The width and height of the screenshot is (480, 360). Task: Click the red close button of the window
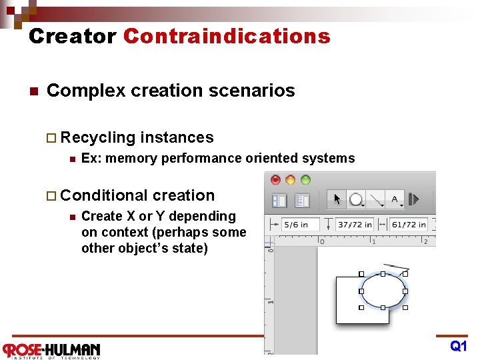(x=275, y=180)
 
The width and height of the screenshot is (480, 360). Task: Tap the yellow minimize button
(x=291, y=180)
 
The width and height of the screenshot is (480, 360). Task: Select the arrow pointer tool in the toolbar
(x=337, y=199)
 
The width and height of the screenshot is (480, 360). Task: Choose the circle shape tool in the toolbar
(x=357, y=199)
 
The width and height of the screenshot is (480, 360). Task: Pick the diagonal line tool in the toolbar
(x=376, y=199)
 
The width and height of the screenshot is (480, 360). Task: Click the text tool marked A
(x=395, y=199)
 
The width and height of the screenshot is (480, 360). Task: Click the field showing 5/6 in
(x=299, y=225)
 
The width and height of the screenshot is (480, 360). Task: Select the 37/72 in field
(x=355, y=225)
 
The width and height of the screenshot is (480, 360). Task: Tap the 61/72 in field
(x=409, y=225)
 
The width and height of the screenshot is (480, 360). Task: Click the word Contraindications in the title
(x=227, y=36)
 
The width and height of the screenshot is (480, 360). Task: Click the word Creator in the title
(x=72, y=36)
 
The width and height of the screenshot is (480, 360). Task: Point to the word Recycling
(x=97, y=137)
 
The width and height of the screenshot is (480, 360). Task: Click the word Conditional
(x=104, y=195)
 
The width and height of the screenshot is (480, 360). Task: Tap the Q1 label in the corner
(x=459, y=347)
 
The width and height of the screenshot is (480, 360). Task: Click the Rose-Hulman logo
(x=51, y=349)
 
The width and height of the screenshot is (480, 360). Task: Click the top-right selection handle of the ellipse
(x=405, y=274)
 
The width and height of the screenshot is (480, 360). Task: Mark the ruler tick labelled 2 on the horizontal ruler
(x=425, y=241)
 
